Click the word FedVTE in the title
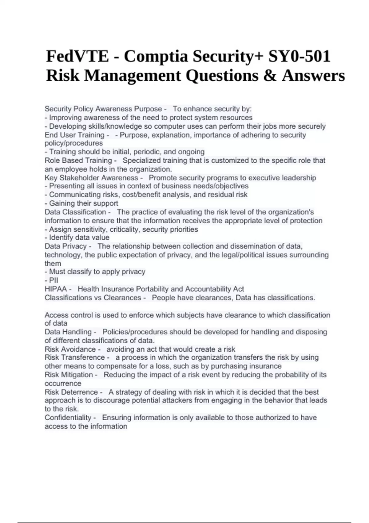tap(77, 56)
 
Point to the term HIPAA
tap(56, 289)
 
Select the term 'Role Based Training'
tap(78, 161)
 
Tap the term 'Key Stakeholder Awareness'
tap(91, 178)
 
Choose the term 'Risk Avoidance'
tap(70, 349)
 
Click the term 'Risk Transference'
tap(75, 357)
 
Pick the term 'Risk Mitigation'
tap(69, 375)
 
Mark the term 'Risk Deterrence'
tap(71, 392)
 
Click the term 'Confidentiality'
tap(68, 418)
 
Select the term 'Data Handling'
tap(68, 332)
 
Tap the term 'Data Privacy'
tap(65, 246)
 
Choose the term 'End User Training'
tap(74, 135)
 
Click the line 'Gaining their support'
tap(81, 203)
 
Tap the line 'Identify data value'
tap(77, 238)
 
